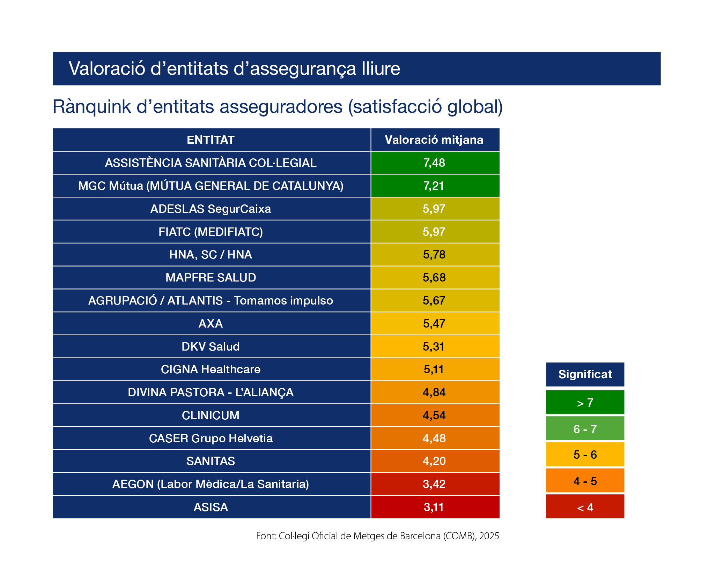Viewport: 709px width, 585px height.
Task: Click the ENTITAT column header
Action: click(211, 140)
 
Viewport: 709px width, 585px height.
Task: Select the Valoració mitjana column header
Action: click(434, 140)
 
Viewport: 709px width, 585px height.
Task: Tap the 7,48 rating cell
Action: click(434, 163)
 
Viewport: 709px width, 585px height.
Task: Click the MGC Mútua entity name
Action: click(211, 186)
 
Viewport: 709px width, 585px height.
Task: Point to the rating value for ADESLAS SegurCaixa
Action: click(434, 209)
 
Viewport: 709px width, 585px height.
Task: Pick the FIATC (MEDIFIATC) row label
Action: click(211, 232)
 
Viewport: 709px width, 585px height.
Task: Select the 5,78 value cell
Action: click(434, 255)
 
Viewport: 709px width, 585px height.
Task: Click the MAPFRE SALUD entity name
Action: click(211, 278)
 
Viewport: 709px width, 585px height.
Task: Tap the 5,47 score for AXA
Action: click(434, 324)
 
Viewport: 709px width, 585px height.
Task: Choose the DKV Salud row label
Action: click(211, 347)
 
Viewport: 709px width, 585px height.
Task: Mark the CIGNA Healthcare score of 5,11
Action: click(434, 369)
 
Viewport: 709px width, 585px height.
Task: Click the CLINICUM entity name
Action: click(211, 415)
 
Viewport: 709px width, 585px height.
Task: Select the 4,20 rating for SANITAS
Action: click(434, 461)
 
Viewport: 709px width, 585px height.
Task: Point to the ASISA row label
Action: click(211, 507)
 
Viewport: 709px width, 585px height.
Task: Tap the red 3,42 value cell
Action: click(434, 484)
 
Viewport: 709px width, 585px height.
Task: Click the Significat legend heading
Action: click(585, 374)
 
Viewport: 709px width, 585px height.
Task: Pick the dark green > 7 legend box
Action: click(585, 403)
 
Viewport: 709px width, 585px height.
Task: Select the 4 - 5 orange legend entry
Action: click(585, 481)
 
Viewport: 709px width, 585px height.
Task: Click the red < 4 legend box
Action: click(585, 507)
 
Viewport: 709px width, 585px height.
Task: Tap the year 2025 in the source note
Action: click(489, 536)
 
